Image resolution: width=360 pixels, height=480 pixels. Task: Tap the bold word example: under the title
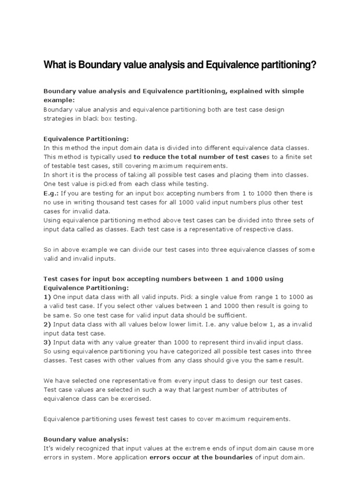click(59, 100)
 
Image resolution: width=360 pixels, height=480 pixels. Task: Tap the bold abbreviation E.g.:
click(52, 193)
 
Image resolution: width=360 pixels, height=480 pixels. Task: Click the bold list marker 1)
click(47, 297)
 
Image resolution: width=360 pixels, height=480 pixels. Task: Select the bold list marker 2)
click(47, 324)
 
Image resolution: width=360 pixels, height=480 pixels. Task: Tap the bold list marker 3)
click(47, 342)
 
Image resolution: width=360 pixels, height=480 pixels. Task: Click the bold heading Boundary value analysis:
click(86, 439)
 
